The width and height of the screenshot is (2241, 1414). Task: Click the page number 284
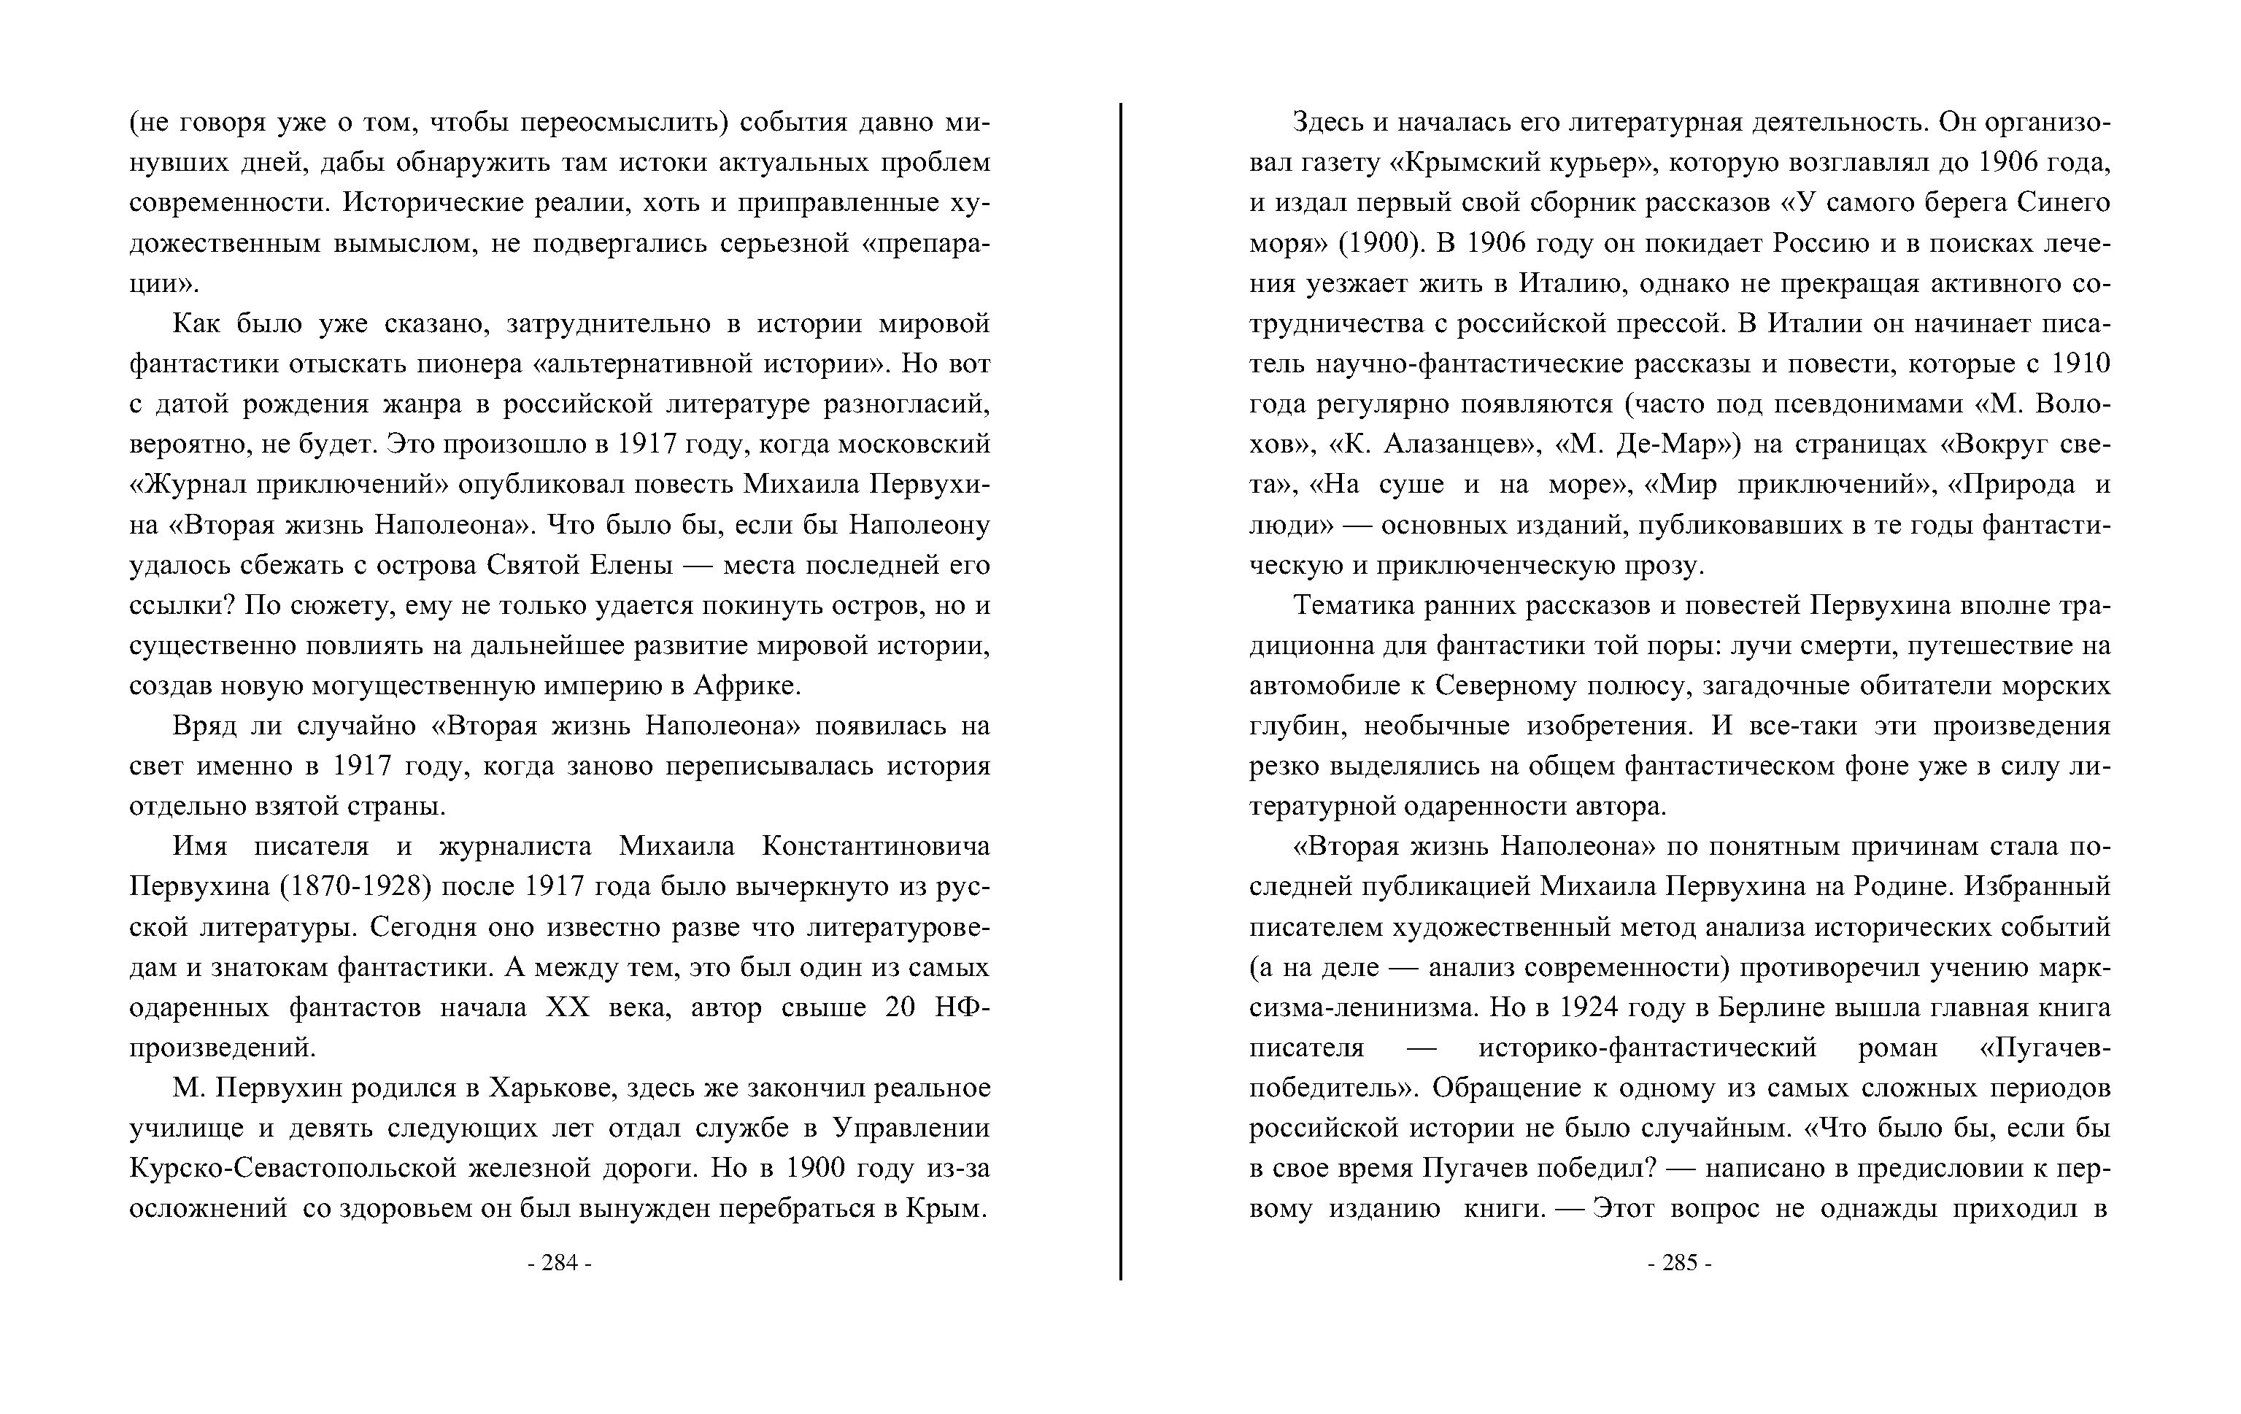(559, 1262)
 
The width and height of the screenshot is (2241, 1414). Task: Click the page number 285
(1679, 1262)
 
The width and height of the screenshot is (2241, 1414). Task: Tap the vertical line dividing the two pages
(1121, 689)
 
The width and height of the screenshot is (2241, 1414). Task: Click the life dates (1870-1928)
(355, 886)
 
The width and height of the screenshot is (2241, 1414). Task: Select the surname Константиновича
(875, 846)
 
